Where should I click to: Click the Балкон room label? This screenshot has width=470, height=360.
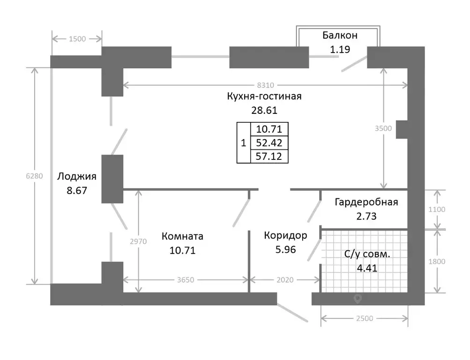(x=340, y=35)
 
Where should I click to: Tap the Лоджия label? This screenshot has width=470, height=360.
(x=77, y=176)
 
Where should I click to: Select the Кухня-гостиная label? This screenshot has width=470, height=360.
(x=264, y=96)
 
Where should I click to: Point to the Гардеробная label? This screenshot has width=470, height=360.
(x=366, y=202)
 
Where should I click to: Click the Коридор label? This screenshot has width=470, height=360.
(x=285, y=236)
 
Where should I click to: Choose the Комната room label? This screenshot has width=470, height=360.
(x=182, y=236)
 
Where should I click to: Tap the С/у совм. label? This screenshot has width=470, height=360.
(x=367, y=254)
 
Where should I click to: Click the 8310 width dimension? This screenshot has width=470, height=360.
(x=265, y=85)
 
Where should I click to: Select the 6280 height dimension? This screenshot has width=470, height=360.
(x=34, y=176)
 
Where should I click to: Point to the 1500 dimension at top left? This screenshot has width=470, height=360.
(x=77, y=39)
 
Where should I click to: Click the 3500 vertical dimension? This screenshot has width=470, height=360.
(x=383, y=128)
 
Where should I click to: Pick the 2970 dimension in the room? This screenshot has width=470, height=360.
(x=138, y=241)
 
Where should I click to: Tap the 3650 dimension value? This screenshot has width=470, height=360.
(x=186, y=280)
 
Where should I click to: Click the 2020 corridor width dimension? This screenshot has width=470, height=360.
(x=285, y=280)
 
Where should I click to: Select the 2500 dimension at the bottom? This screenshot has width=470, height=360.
(x=365, y=319)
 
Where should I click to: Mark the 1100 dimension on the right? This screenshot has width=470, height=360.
(x=437, y=210)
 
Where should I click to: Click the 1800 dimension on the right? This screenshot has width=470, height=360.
(x=437, y=262)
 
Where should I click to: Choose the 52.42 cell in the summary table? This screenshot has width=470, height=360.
(x=269, y=143)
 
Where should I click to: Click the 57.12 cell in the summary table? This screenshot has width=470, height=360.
(x=269, y=157)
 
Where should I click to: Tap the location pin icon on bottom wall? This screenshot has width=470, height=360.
(x=358, y=299)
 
